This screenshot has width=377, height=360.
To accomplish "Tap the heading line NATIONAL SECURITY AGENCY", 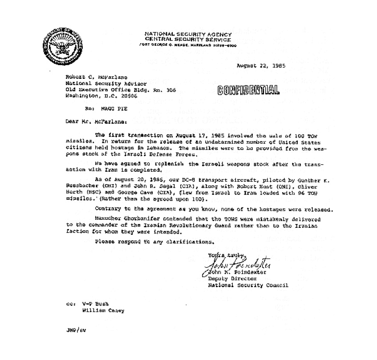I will [x=188, y=34].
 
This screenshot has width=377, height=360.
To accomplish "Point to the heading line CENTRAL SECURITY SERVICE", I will [x=188, y=39].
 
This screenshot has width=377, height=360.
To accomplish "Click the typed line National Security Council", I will [x=248, y=285].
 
